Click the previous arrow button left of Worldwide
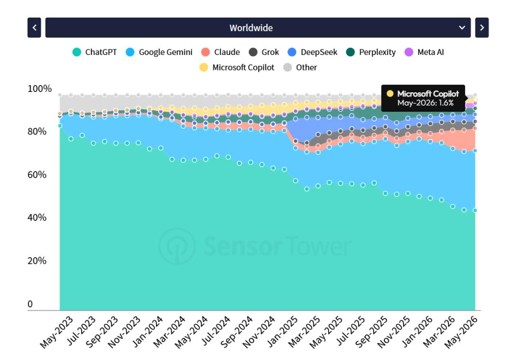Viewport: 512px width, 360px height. coord(34,28)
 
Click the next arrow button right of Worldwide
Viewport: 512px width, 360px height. coord(482,28)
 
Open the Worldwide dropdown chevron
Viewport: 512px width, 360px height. coord(462,28)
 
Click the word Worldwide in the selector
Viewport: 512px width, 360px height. coord(251,28)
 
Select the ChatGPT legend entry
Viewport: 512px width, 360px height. coord(95,52)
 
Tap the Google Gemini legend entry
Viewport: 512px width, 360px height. coord(159,52)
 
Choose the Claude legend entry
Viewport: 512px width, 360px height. coord(220,52)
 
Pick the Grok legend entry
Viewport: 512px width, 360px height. coord(264,52)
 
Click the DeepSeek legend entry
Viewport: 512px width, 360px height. coord(312,52)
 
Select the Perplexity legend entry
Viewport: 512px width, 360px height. coord(371,52)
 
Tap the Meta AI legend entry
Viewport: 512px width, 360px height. coord(424,52)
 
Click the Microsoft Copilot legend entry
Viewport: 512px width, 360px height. coord(237,68)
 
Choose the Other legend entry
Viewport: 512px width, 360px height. coord(300,68)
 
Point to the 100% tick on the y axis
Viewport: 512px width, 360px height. coord(39,89)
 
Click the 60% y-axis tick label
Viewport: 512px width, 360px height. coord(37,175)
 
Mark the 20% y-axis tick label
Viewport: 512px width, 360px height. coord(37,261)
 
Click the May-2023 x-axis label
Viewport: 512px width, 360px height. coord(56,332)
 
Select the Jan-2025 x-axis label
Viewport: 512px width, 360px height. coord(283,332)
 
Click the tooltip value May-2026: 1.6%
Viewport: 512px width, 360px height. coord(425,103)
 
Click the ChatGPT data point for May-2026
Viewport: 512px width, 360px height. coord(475,210)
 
